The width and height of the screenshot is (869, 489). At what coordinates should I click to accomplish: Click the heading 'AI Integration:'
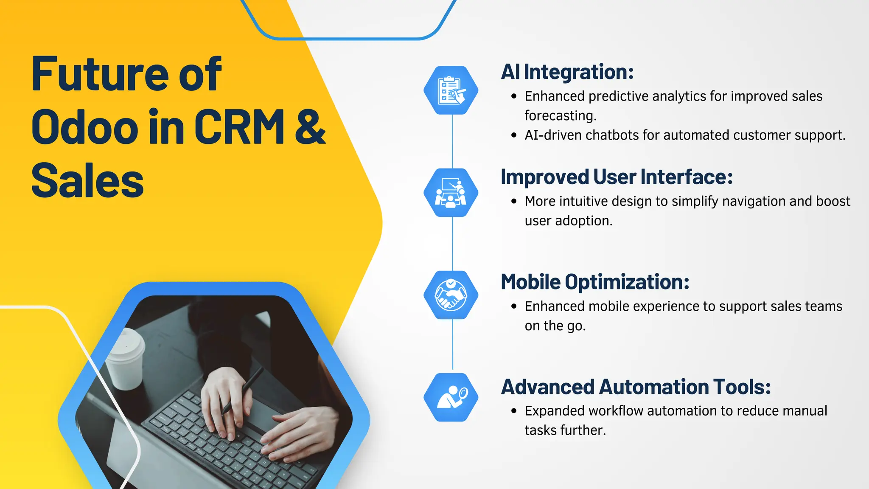click(567, 72)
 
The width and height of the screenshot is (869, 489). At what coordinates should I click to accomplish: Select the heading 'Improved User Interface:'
click(617, 177)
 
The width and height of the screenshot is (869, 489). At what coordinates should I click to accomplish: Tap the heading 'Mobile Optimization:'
click(595, 282)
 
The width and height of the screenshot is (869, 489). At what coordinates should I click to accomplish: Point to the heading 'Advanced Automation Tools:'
click(636, 387)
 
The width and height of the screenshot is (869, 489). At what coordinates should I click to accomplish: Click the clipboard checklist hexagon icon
click(451, 90)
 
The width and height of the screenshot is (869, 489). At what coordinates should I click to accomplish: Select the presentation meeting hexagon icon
click(451, 193)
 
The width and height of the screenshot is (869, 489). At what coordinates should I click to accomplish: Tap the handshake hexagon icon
click(451, 295)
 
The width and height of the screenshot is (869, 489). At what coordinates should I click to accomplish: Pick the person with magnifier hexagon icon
click(451, 397)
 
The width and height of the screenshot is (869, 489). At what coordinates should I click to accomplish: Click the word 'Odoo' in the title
click(84, 127)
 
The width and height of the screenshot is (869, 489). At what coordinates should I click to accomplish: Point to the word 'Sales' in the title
click(87, 181)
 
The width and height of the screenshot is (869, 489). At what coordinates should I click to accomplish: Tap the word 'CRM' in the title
click(239, 126)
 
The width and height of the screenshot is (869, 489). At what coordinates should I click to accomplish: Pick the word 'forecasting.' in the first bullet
click(560, 115)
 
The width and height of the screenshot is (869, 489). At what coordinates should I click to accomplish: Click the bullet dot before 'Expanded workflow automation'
click(514, 411)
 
